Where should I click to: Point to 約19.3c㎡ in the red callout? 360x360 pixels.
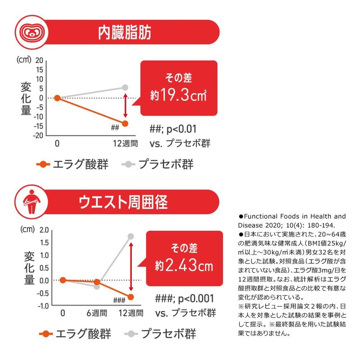[x=179, y=95]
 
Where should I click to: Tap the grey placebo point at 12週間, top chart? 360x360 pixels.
[x=125, y=87]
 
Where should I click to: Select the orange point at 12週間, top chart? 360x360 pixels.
[x=125, y=123]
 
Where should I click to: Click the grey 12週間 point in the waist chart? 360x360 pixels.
[x=131, y=236]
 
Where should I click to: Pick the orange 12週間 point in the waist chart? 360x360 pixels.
[x=131, y=297]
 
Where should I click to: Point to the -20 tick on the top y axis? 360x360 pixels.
[x=38, y=135]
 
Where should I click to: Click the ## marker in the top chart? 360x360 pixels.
[x=114, y=128]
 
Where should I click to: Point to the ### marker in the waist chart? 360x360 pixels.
[x=119, y=301]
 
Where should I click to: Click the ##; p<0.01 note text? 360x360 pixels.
[x=173, y=130]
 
